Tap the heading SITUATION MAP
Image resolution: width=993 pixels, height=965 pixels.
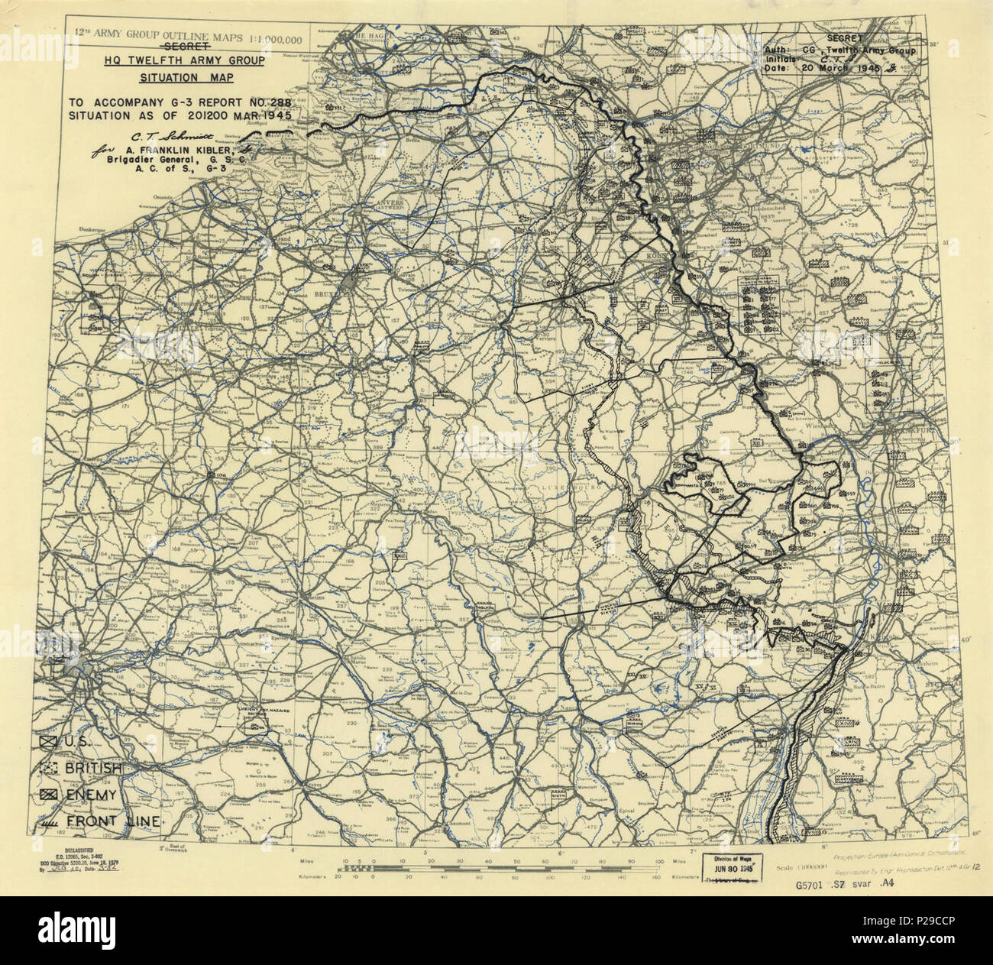pyautogui.click(x=186, y=78)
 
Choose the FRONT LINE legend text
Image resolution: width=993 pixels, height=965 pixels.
pyautogui.click(x=113, y=822)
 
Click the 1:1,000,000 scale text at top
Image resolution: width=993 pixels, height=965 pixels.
pyautogui.click(x=271, y=38)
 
